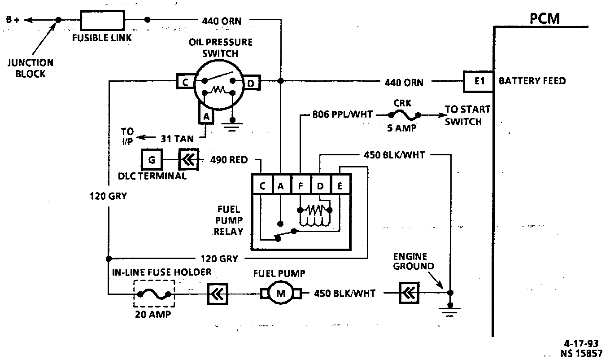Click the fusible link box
tap(102, 20)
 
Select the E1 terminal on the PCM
tap(479, 82)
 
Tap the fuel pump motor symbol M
tap(281, 293)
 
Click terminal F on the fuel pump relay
tap(301, 186)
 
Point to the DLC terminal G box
tap(152, 159)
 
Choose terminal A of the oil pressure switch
tap(206, 117)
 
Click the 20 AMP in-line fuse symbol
tap(154, 294)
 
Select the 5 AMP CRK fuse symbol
tap(405, 115)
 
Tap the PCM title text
tap(545, 19)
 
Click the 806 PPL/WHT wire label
tap(342, 114)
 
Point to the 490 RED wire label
tap(229, 160)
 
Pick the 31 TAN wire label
tap(177, 139)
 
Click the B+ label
tap(13, 20)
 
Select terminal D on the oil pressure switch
tap(251, 83)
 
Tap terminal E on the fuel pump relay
tap(340, 186)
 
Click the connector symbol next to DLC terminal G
tap(189, 159)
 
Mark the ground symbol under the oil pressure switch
tap(232, 126)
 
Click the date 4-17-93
tap(581, 343)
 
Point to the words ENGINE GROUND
tap(414, 261)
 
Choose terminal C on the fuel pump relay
tap(262, 186)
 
